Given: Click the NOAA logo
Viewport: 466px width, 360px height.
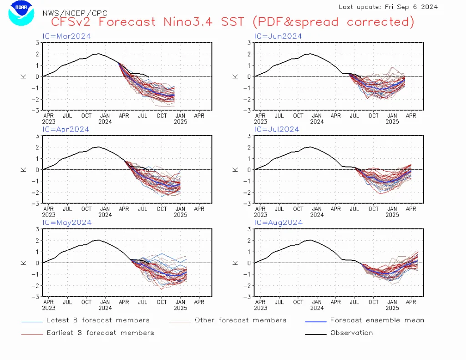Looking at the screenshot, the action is (21, 13).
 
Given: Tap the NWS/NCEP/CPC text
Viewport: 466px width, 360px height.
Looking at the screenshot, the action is (75, 13).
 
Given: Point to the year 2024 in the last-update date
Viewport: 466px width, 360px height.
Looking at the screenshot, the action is (429, 7).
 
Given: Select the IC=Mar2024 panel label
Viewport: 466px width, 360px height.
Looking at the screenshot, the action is (66, 36).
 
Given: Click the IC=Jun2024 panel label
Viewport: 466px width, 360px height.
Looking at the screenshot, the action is (278, 36).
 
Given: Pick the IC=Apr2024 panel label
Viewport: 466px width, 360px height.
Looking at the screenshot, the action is (66, 130).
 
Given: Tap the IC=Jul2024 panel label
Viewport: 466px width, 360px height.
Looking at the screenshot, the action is (277, 129).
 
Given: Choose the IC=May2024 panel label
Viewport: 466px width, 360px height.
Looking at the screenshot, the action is (67, 223).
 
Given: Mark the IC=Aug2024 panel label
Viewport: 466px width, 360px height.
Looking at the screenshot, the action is (278, 223).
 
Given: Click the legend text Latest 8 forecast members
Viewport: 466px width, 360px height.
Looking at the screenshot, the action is (98, 320).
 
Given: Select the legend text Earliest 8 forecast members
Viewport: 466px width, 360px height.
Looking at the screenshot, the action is (101, 333).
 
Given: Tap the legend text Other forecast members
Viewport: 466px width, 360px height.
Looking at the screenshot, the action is (241, 320).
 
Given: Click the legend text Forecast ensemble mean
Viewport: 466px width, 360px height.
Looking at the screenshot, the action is (377, 320).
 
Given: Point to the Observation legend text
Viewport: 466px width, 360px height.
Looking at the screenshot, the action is (352, 333).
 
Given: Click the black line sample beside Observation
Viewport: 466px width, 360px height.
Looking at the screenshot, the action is (316, 335).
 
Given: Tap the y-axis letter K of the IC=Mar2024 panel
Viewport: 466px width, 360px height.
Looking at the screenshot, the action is (24, 76).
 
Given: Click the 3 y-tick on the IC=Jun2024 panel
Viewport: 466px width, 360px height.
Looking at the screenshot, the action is (249, 43).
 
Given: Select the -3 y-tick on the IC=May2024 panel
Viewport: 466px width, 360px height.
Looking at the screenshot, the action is (35, 297).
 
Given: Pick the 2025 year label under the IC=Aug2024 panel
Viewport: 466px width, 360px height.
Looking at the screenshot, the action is (392, 308).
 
